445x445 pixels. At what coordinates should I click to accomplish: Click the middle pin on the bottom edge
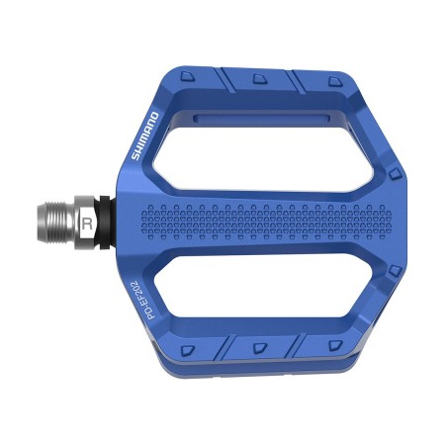[x=259, y=349]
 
